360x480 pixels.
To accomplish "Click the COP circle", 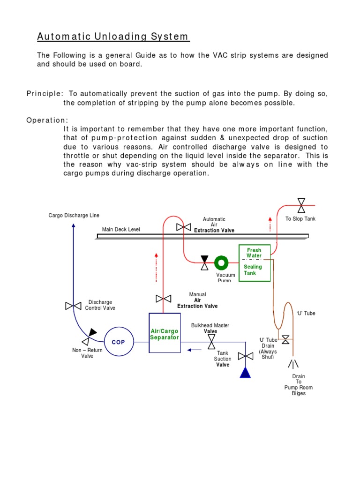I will (x=118, y=342).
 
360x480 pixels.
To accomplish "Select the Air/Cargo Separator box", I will (x=164, y=333).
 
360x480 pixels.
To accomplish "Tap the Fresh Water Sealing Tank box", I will (x=255, y=263).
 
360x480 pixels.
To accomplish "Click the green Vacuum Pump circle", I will (x=221, y=262).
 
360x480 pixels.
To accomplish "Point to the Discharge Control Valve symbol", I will (x=73, y=306).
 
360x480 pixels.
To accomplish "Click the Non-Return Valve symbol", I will (x=89, y=336).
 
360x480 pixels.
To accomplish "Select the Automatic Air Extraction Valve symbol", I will (x=183, y=227).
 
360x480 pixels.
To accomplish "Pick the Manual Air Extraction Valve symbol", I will (x=163, y=299).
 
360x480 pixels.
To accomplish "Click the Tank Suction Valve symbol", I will (x=245, y=356).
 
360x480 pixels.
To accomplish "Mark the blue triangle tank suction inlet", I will (x=245, y=372).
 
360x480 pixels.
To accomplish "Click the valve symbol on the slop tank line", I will (x=301, y=205).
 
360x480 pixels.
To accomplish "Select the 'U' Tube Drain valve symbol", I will (x=285, y=340).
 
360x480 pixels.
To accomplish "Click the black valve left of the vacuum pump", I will (x=204, y=262).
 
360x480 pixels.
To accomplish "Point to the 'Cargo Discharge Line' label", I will (x=74, y=216).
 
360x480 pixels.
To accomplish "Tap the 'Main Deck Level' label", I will (x=121, y=229).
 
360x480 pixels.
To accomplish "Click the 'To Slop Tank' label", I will (x=300, y=219).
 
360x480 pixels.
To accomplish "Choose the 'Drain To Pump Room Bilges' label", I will (x=298, y=385).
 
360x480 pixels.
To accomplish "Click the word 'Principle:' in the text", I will (x=44, y=94).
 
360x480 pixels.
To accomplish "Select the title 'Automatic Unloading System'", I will (x=113, y=37).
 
